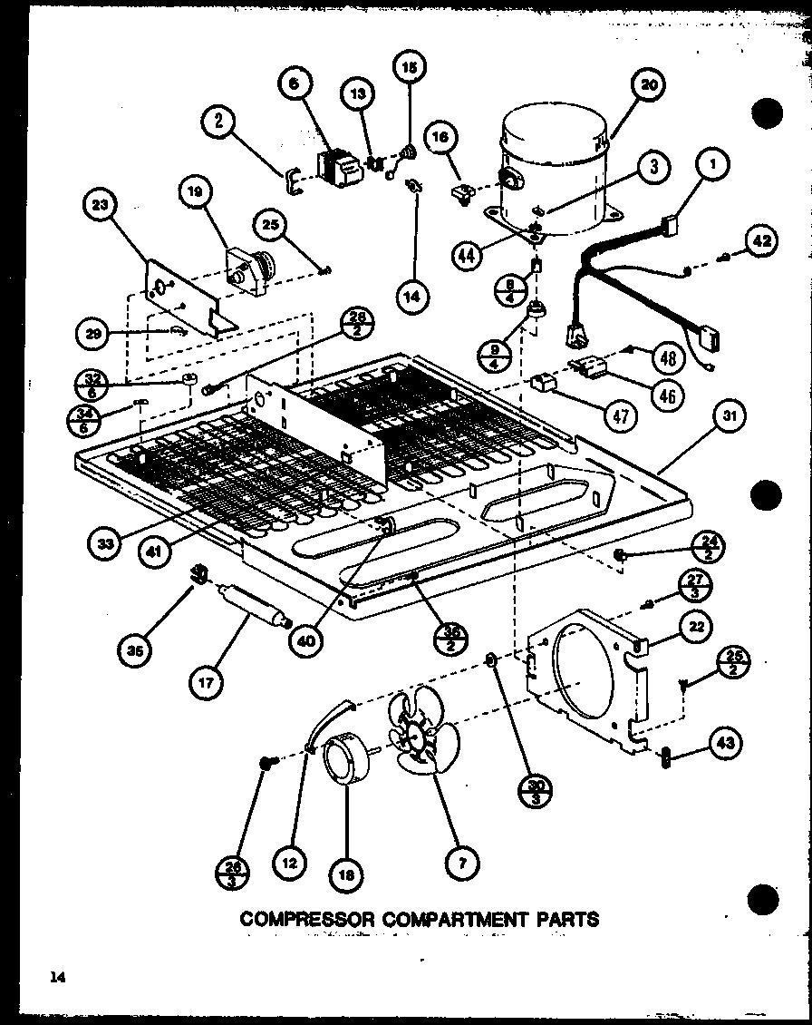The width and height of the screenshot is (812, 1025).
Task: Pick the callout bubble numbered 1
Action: [713, 166]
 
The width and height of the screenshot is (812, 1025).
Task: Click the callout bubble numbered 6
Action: [295, 85]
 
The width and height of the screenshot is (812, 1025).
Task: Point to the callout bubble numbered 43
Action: [726, 745]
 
